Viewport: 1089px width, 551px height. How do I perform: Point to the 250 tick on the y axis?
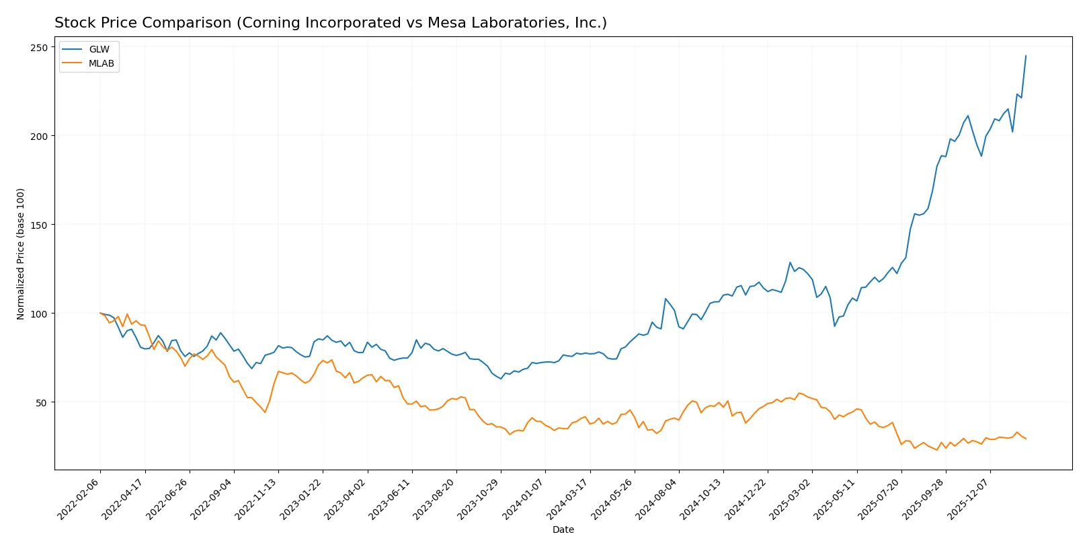(x=38, y=47)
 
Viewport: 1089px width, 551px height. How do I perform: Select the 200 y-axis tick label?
(x=38, y=136)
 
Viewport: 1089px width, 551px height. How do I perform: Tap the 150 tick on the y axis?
(x=38, y=225)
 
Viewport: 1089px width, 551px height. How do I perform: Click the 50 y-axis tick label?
(x=41, y=402)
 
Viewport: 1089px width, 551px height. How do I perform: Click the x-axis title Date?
(x=563, y=529)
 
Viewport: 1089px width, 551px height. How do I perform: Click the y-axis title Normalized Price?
(x=21, y=254)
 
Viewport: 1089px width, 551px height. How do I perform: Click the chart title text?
(x=330, y=23)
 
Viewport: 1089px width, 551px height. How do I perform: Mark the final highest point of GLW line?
(x=1026, y=56)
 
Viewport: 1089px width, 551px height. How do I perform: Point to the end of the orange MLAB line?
(x=1026, y=439)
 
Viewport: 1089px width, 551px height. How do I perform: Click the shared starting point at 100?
(x=100, y=313)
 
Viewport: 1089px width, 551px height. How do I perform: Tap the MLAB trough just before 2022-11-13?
(x=265, y=412)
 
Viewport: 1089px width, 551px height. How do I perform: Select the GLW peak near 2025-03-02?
(x=790, y=262)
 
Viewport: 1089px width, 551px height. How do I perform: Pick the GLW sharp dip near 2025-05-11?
(x=835, y=326)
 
